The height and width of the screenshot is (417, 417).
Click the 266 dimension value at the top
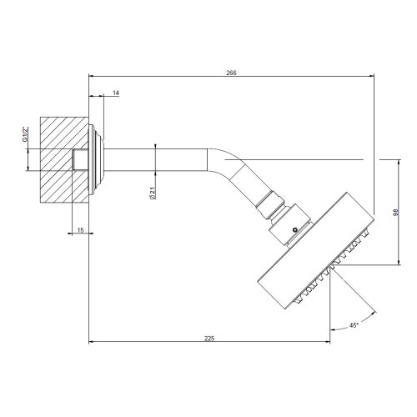[231, 73]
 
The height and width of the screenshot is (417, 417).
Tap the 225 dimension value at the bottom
[209, 338]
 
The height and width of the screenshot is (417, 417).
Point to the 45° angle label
[354, 325]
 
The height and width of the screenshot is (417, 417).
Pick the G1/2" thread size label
[27, 134]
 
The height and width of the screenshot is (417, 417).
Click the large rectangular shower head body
[313, 246]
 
